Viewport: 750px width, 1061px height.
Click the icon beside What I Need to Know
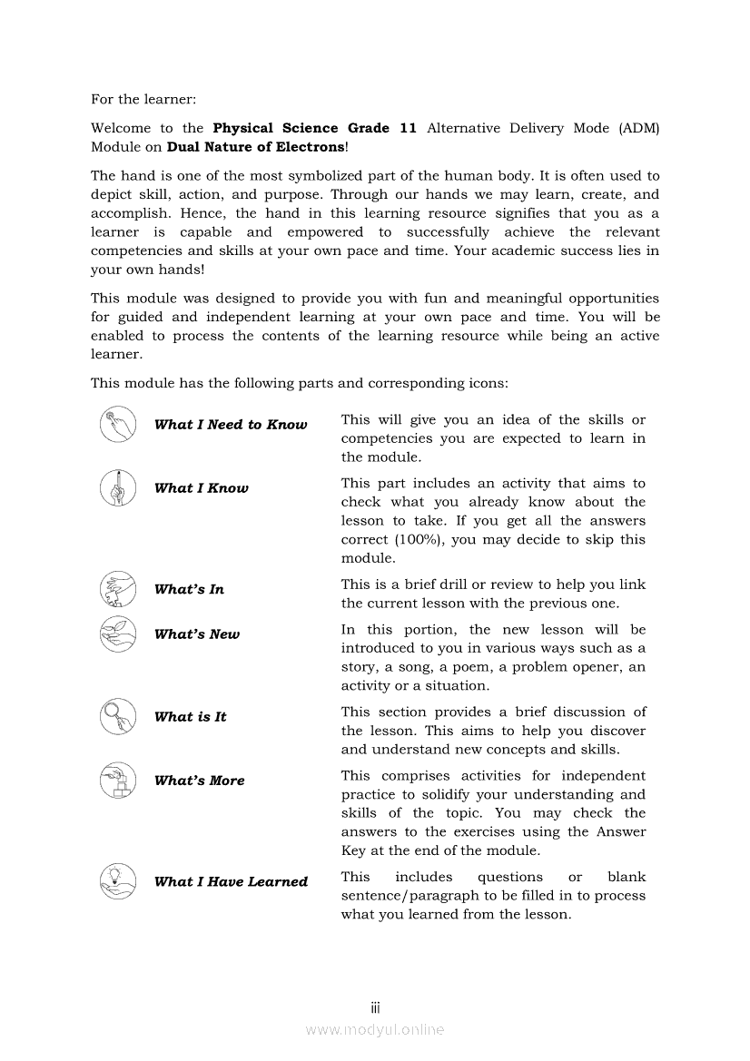click(117, 424)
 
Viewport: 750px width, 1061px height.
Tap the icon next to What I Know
click(117, 487)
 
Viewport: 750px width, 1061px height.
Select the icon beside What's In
click(117, 589)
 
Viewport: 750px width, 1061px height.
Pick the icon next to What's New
click(117, 634)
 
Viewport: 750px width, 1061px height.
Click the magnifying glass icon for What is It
click(117, 716)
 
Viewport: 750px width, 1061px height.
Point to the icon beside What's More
click(117, 780)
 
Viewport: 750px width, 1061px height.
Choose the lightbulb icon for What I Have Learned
click(117, 880)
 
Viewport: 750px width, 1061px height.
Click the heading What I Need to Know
click(231, 425)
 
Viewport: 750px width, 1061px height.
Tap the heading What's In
click(189, 589)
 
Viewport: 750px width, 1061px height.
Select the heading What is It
click(190, 717)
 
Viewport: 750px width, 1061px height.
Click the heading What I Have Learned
click(231, 881)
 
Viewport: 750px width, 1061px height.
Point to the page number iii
click(375, 1007)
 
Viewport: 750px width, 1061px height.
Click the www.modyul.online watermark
click(375, 1029)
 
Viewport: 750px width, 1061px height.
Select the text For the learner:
click(143, 98)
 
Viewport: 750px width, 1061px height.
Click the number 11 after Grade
click(408, 128)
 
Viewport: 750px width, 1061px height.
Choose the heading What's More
click(199, 781)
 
